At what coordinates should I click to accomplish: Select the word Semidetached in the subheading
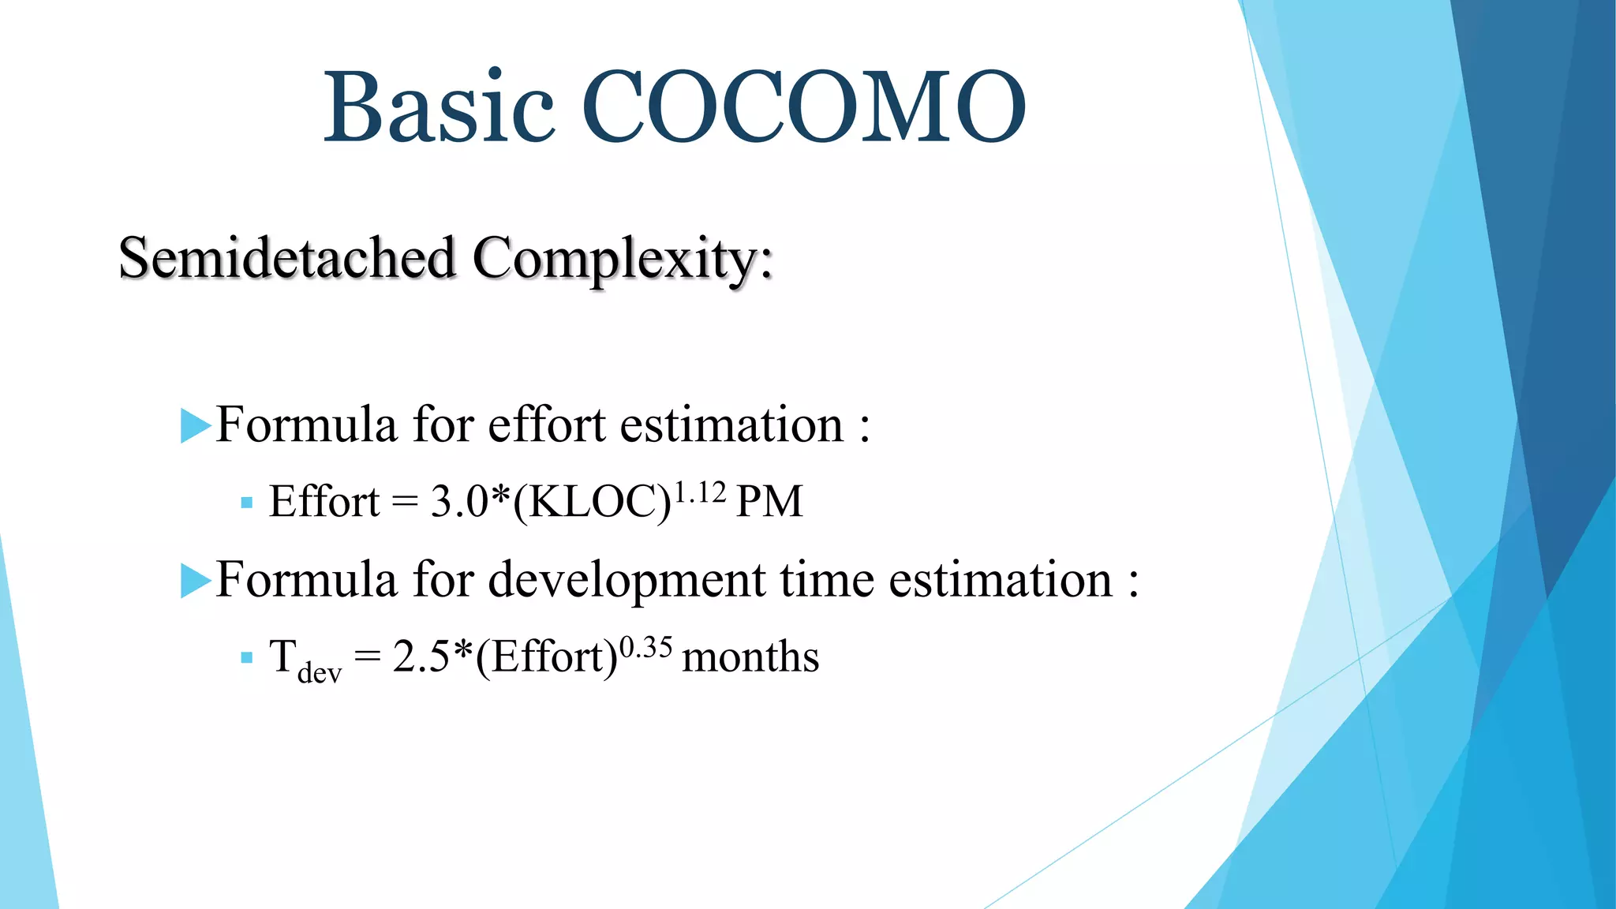287,258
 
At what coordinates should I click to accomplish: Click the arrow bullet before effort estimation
195,426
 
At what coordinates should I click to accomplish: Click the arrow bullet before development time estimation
195,581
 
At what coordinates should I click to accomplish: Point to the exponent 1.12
700,492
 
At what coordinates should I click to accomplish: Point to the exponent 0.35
645,648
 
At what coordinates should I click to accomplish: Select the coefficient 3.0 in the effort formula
458,502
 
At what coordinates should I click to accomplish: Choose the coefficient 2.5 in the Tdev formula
421,657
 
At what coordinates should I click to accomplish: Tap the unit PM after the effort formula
769,502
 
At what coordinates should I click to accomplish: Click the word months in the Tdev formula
750,657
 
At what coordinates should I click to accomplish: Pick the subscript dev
320,673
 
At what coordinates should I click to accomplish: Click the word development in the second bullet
627,582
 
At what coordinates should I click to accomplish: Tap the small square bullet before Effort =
247,503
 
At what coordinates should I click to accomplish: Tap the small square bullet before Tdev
247,657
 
